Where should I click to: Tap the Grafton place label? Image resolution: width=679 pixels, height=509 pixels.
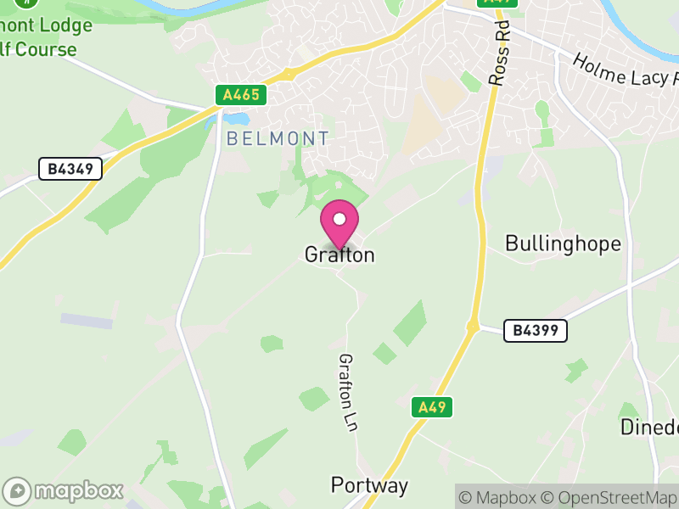[339, 255]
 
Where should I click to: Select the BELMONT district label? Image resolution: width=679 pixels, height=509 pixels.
[278, 138]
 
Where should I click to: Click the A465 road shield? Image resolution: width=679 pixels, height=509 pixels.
[242, 95]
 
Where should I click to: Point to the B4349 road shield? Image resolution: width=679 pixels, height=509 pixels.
[70, 169]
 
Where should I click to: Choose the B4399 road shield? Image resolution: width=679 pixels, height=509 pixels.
[535, 331]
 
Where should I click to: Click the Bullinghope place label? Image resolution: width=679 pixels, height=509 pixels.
[563, 244]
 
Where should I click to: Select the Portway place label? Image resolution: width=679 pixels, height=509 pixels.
[369, 486]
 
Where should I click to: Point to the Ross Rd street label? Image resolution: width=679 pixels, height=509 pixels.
[501, 53]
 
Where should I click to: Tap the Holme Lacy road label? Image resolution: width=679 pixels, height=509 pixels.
[626, 71]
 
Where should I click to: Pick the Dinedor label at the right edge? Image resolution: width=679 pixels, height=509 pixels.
[649, 427]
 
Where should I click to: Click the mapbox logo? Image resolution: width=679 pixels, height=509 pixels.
[65, 490]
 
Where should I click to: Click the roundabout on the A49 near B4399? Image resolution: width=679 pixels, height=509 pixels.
[473, 326]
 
